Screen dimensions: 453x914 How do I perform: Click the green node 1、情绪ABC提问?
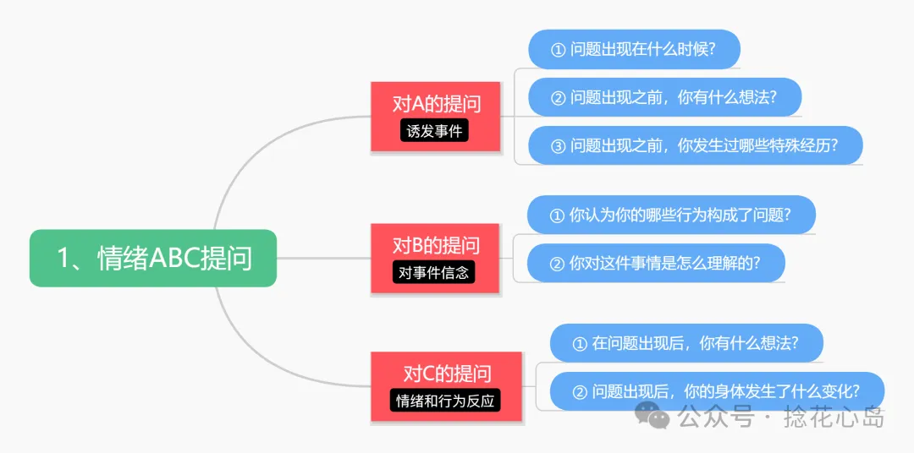(153, 258)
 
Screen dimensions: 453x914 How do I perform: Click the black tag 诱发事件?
(435, 131)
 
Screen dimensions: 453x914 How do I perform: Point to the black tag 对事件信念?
(435, 273)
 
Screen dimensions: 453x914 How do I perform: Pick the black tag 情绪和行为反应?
(446, 401)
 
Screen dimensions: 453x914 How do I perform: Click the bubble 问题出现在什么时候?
(634, 49)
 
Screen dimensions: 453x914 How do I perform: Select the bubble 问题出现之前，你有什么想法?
(664, 97)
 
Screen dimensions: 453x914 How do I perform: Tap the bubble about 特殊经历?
(695, 145)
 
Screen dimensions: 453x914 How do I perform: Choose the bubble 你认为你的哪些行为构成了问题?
(671, 215)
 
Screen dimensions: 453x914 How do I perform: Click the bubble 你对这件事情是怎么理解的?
(655, 263)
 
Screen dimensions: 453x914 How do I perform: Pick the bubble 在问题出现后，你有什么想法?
(685, 343)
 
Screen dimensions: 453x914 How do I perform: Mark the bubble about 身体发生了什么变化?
(717, 391)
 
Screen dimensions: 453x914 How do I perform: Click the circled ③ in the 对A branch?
(558, 145)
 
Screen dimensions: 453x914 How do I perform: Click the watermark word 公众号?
(715, 417)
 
